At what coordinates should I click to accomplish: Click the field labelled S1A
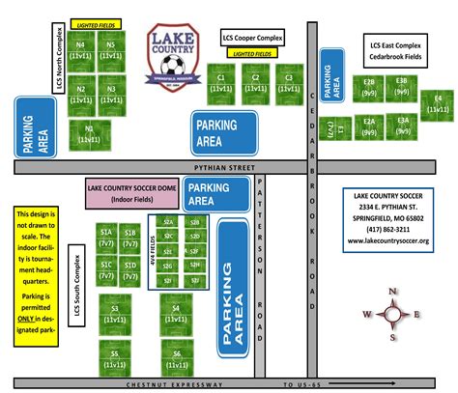pos(105,237)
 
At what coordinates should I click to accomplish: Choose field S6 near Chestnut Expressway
pos(177,358)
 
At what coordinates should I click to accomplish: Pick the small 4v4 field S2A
pos(168,221)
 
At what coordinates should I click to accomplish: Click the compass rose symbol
pos(392,314)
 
